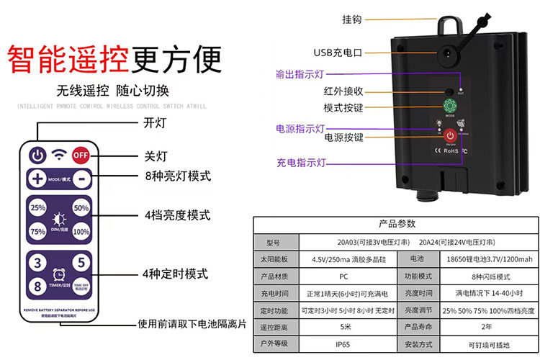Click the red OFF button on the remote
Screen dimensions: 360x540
(x=80, y=153)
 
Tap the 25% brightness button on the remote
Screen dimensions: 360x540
(x=37, y=208)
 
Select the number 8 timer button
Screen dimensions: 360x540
(x=37, y=286)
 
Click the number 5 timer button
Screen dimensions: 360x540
(x=81, y=264)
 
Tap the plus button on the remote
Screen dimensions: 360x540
(x=37, y=178)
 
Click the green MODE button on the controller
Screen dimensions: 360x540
(x=449, y=109)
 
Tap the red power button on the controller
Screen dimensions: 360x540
(x=450, y=136)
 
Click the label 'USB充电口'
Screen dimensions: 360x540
(x=338, y=53)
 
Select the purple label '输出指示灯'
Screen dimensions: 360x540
(x=301, y=73)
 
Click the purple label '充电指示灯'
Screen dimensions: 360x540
(x=301, y=163)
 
